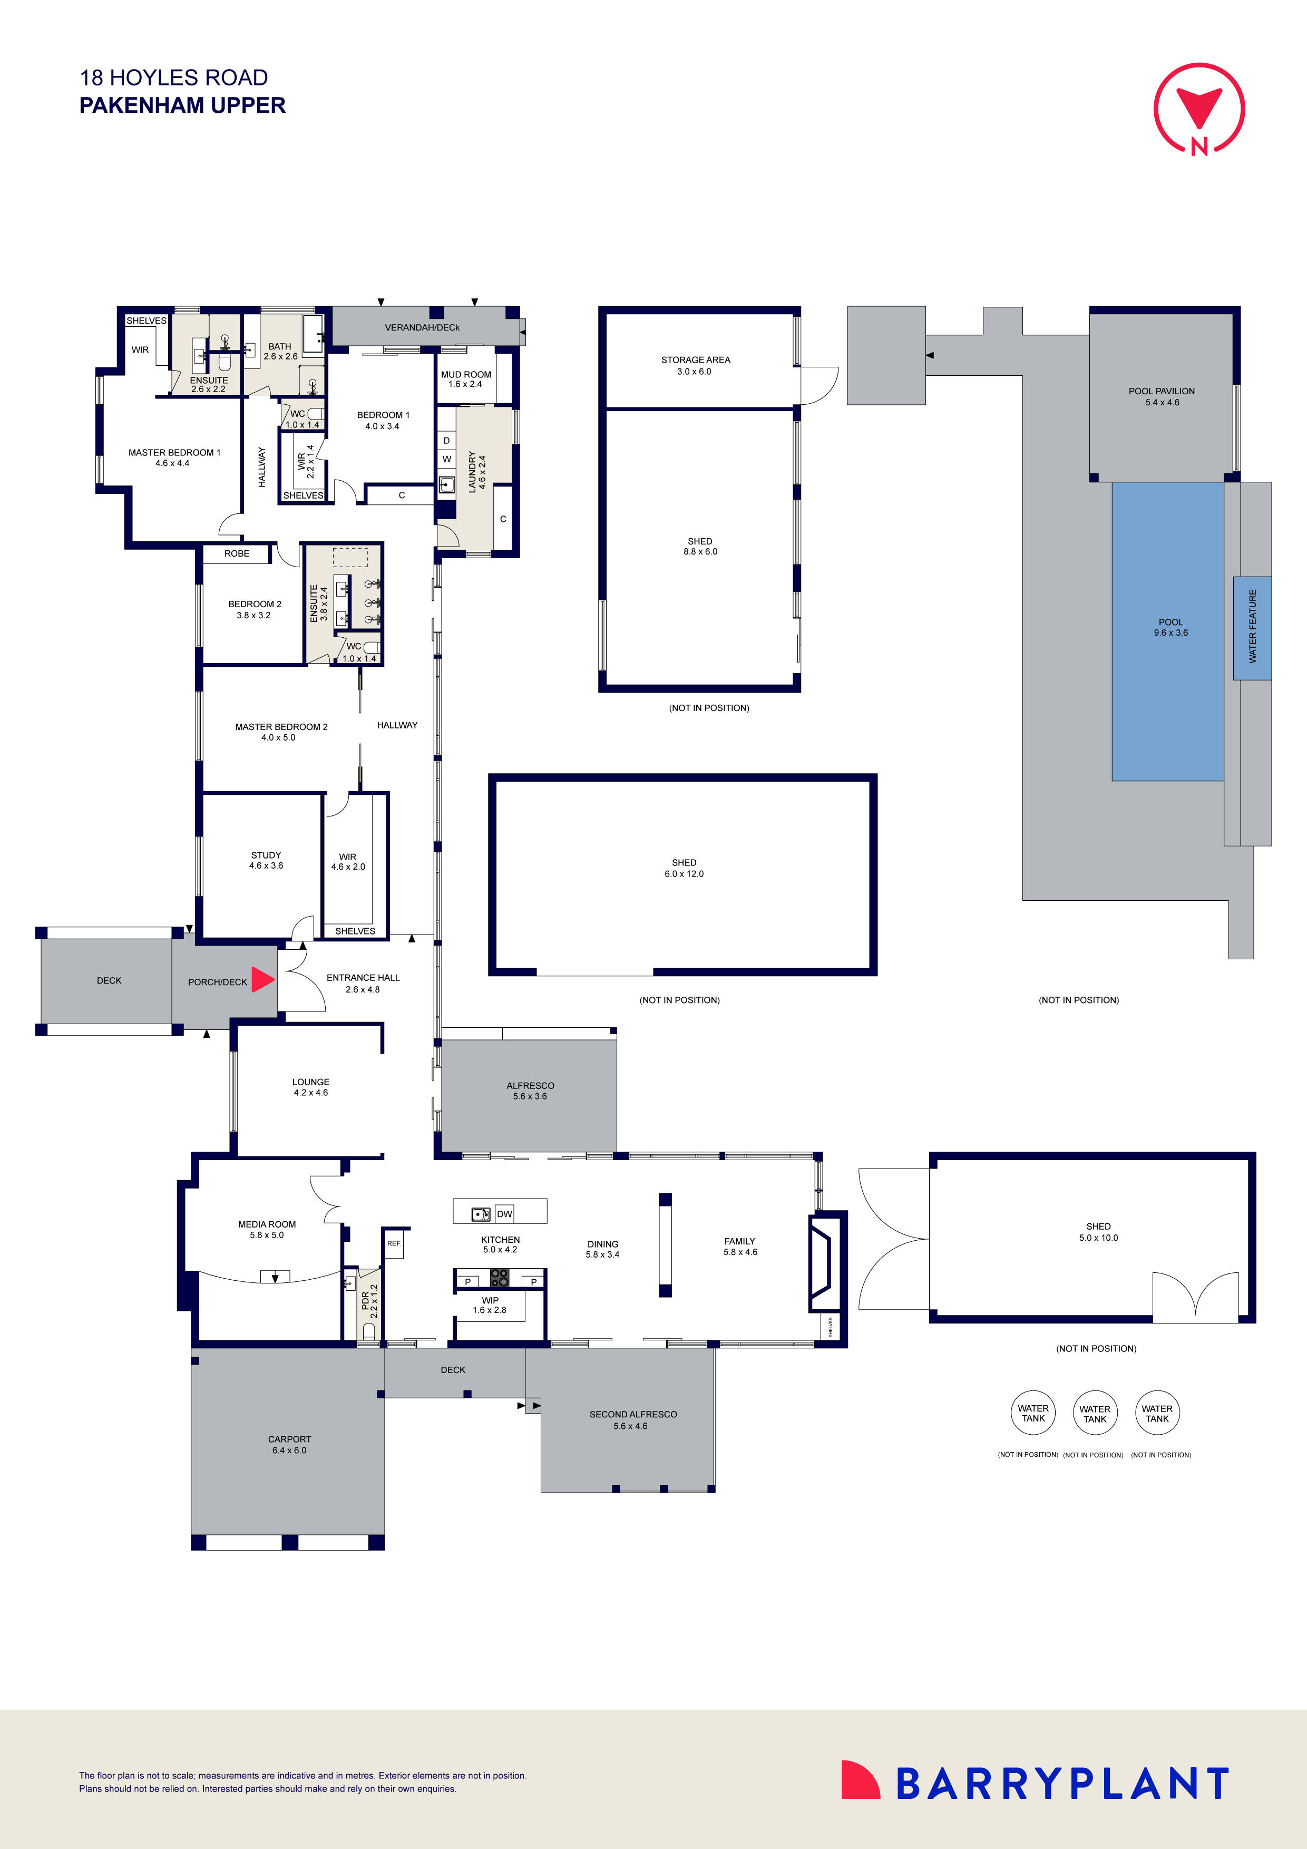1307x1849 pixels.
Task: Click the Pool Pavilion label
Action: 1161,392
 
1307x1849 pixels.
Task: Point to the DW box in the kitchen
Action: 504,1214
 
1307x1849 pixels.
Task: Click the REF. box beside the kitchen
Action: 394,1243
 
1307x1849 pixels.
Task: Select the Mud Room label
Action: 465,374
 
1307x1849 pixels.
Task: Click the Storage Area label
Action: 696,360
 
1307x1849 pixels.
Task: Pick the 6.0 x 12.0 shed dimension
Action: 684,874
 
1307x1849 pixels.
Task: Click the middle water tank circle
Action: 1095,1413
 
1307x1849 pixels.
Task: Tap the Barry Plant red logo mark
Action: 861,1779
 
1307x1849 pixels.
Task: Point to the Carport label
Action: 289,1439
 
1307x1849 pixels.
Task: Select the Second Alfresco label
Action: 633,1414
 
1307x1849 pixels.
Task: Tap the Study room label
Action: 266,855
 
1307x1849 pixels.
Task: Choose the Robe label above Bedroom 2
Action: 237,553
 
